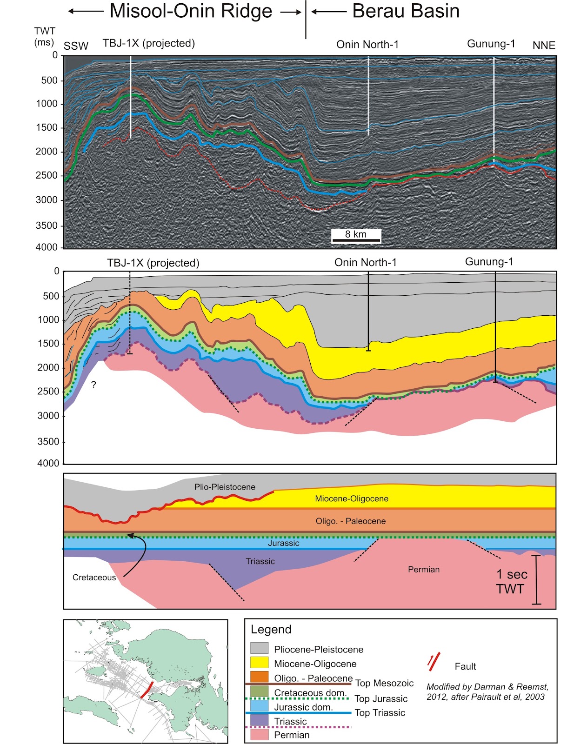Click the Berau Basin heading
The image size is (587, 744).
coord(406,11)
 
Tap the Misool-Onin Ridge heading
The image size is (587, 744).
coord(191,11)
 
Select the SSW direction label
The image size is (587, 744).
coord(76,46)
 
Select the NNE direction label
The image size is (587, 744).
coord(544,46)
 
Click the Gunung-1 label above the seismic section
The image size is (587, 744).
coord(491,44)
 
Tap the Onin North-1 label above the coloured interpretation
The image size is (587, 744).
coord(366,262)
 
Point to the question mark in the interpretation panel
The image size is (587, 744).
coord(93,385)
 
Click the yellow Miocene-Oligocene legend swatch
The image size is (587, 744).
coord(260,662)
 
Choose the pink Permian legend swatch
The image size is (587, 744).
coord(260,734)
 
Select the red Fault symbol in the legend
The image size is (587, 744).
coord(434,661)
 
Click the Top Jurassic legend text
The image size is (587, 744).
coord(380,698)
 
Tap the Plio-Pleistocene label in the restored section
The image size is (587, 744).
coord(225,487)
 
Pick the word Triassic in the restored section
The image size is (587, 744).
coord(260,561)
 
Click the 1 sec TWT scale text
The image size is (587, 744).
coord(511,581)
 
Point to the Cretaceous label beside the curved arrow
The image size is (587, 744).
coord(94,578)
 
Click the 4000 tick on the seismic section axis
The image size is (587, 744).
coord(47,247)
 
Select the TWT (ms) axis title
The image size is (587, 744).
coord(44,36)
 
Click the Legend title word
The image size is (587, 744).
coord(271,630)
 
